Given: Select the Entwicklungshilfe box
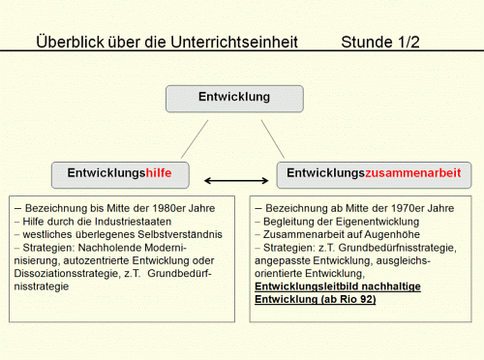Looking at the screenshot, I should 120,174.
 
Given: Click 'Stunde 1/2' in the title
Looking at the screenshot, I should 380,43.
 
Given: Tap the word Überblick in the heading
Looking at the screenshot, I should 68,43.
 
